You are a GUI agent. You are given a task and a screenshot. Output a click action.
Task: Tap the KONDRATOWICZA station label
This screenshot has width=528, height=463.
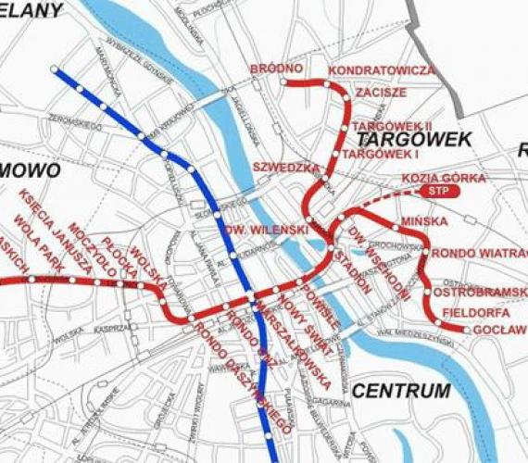(381, 70)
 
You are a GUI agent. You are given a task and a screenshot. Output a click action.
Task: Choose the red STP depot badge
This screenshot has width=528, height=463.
(439, 191)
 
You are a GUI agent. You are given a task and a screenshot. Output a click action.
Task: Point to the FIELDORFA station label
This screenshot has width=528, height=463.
(476, 312)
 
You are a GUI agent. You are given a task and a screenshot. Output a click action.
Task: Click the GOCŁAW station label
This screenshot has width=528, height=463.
(498, 330)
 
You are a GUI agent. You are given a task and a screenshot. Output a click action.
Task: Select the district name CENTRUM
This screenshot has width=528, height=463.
(401, 390)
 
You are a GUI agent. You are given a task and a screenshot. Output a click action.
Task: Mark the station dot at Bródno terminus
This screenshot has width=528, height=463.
(282, 81)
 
